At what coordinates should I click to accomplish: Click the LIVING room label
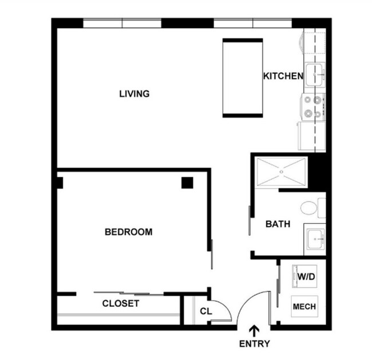[134, 93]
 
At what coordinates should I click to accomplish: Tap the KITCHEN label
[282, 76]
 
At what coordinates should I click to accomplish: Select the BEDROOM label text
[128, 232]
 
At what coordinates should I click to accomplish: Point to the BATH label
[277, 224]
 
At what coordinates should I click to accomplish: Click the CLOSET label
[121, 303]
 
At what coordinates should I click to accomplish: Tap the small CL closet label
[206, 311]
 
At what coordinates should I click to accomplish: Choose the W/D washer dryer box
[305, 277]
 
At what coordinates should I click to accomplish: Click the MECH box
[304, 307]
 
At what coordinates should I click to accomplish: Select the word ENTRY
[254, 344]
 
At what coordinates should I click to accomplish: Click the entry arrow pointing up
[254, 330]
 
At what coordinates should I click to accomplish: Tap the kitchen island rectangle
[241, 78]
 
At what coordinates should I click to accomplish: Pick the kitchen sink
[314, 74]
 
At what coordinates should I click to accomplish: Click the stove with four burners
[312, 106]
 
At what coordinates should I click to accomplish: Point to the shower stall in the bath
[281, 171]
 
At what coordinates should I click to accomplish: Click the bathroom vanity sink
[314, 240]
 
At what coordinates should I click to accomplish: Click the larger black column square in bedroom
[187, 183]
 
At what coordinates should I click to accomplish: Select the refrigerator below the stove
[311, 135]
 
